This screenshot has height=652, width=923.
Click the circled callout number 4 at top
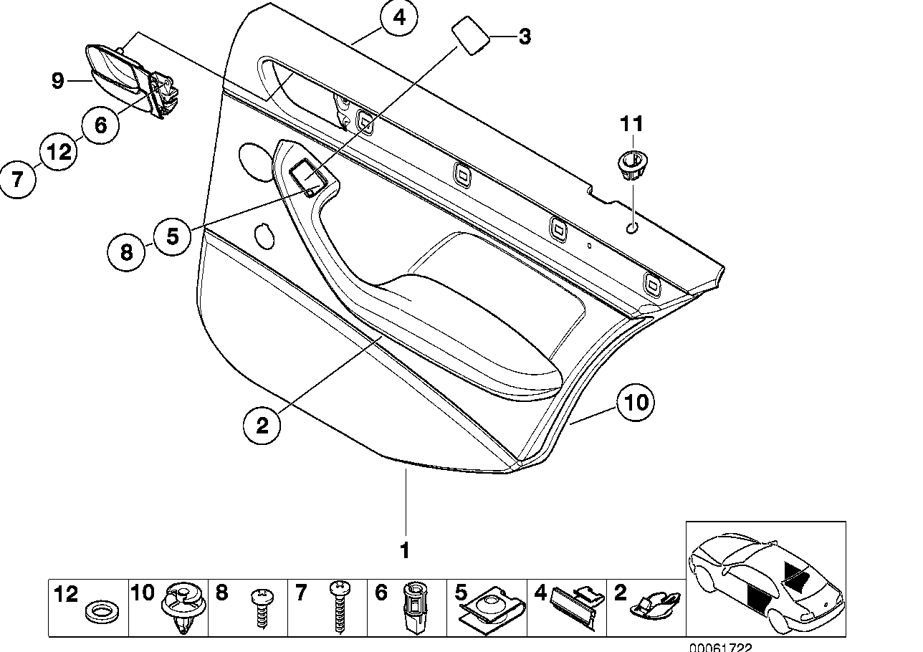[399, 18]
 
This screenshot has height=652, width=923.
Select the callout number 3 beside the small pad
[525, 37]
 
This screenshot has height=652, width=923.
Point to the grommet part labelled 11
[631, 164]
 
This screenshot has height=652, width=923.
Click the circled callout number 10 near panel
[636, 402]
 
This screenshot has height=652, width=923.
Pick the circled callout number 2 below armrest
[262, 426]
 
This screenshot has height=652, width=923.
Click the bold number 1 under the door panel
[404, 551]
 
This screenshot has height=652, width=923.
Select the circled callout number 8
[126, 251]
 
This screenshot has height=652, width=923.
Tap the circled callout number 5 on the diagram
[172, 236]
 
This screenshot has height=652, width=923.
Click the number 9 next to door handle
[58, 81]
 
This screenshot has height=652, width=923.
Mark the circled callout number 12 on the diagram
[59, 152]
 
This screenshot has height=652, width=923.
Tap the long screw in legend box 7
[338, 608]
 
